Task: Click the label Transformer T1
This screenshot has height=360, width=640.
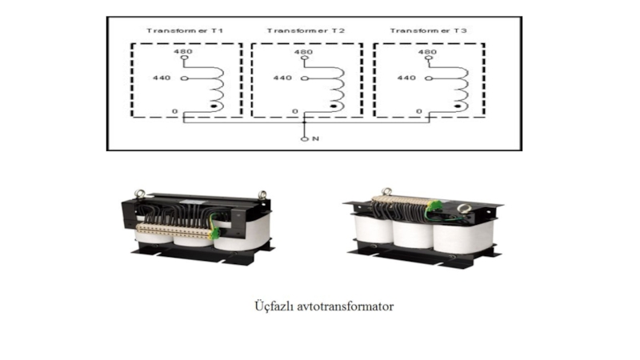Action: coord(184,30)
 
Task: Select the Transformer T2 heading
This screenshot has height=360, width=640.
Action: coord(306,30)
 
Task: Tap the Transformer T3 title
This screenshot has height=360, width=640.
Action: coord(428,30)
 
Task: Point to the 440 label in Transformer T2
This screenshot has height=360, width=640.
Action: coord(282,78)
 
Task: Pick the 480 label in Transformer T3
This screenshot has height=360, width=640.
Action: coord(427,52)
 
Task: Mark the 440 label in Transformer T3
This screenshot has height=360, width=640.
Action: coord(406,78)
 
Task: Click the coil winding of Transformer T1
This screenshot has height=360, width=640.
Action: coord(214,84)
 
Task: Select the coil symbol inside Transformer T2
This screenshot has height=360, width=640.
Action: coord(337,84)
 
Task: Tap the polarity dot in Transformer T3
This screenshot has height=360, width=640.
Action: coord(457,106)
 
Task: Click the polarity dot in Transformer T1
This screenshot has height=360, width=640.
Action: coord(213,106)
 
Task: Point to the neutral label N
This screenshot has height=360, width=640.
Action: coord(315,139)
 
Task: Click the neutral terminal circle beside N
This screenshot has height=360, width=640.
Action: coord(304,139)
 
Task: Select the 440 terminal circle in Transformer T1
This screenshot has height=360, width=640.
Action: coord(183,78)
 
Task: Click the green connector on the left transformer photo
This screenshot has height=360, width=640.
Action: coord(214,232)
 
